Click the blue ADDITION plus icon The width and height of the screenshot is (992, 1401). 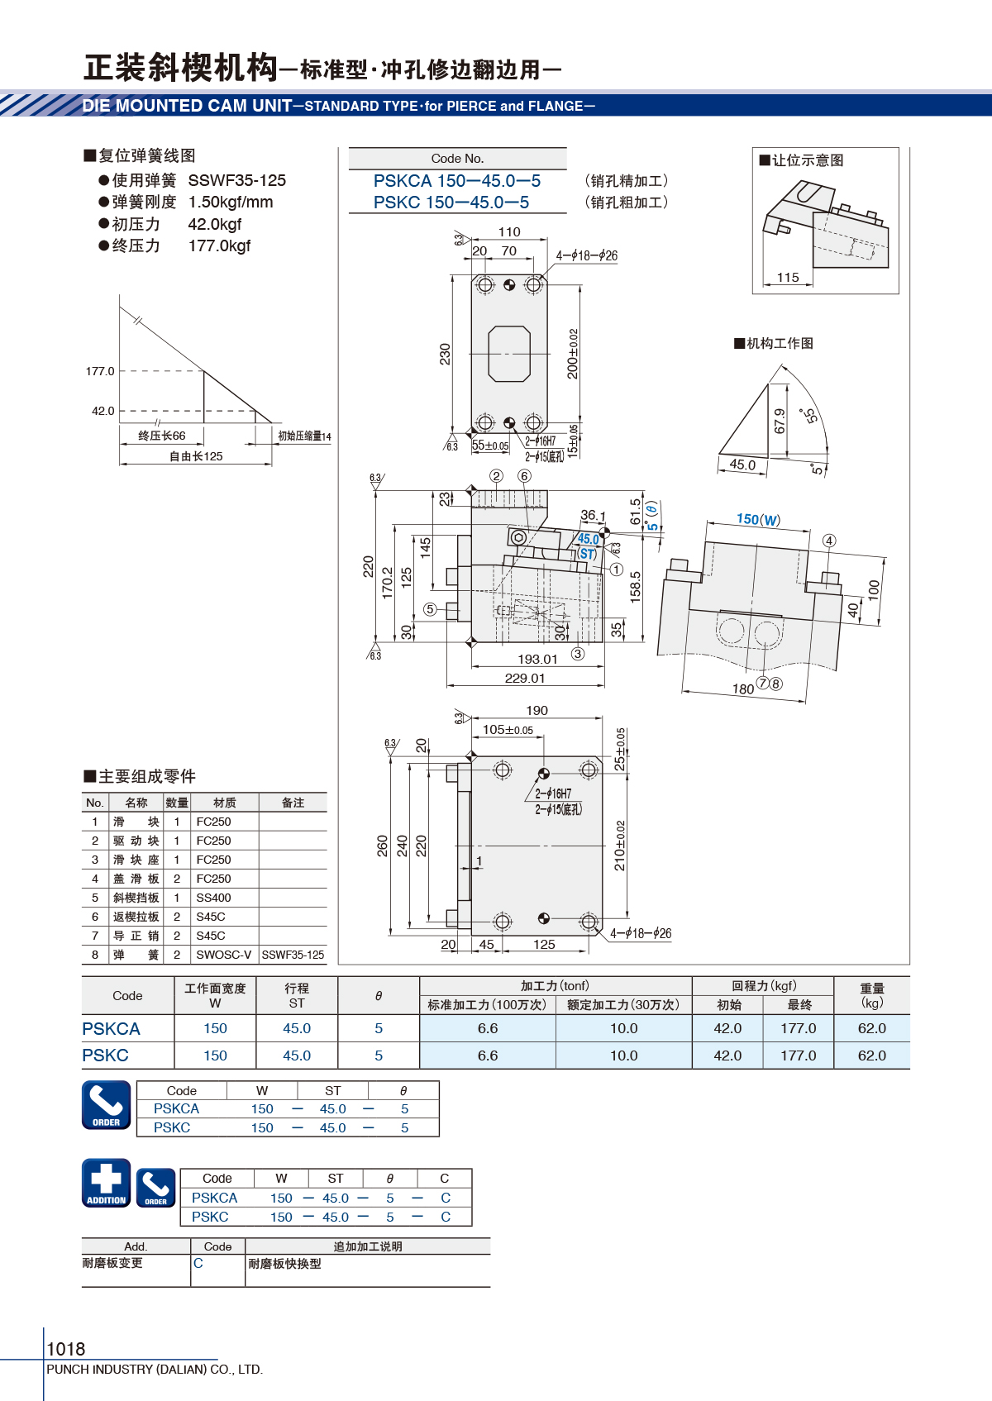tap(106, 1182)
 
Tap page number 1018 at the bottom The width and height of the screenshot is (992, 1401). tap(65, 1349)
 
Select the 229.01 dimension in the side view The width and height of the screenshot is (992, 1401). tap(525, 678)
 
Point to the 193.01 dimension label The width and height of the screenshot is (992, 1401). tap(537, 660)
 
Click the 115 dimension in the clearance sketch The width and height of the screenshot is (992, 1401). tap(788, 277)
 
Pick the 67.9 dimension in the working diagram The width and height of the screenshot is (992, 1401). tap(780, 421)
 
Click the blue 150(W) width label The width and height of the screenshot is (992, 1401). tap(758, 519)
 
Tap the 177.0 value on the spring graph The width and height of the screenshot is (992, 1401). tap(100, 371)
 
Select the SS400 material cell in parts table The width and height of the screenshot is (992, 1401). tap(213, 898)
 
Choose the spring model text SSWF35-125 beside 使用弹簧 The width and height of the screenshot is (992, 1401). tap(237, 181)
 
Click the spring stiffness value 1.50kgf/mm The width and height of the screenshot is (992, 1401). tap(231, 202)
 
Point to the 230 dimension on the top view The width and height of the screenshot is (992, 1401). tap(445, 354)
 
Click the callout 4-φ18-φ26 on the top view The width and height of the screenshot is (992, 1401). tap(587, 255)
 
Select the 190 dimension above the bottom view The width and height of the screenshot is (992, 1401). tap(537, 711)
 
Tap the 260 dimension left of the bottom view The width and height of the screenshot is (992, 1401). tap(382, 846)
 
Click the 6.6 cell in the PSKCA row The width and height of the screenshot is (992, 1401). tap(488, 1028)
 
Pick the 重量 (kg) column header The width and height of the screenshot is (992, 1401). tap(872, 995)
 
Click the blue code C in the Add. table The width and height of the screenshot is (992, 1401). tap(198, 1263)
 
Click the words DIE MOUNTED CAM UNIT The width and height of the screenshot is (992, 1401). tap(187, 106)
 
